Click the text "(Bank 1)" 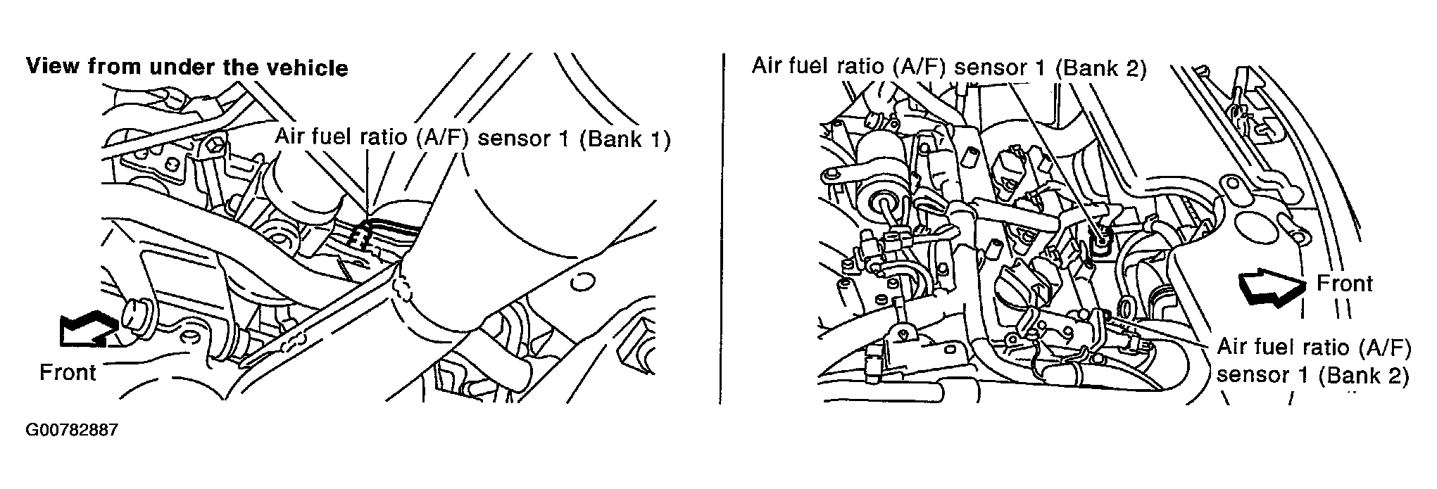point(625,139)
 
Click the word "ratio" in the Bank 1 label point(385,139)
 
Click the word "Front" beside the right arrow point(1345,284)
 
